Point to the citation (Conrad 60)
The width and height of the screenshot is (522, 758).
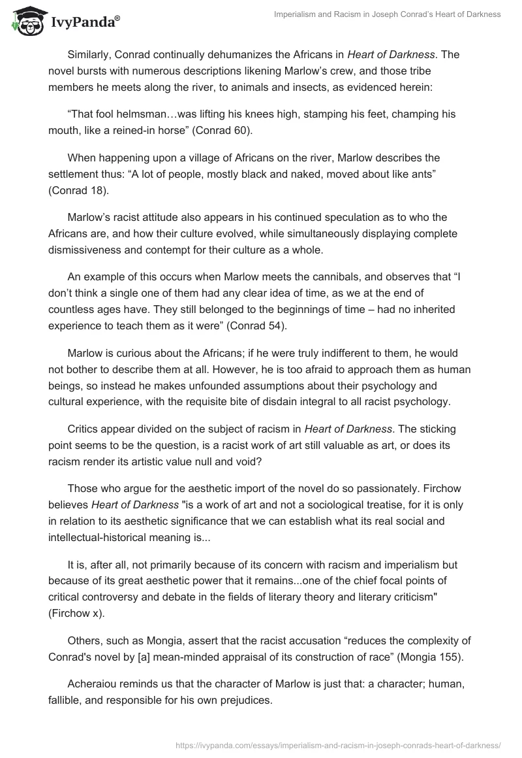219,129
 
